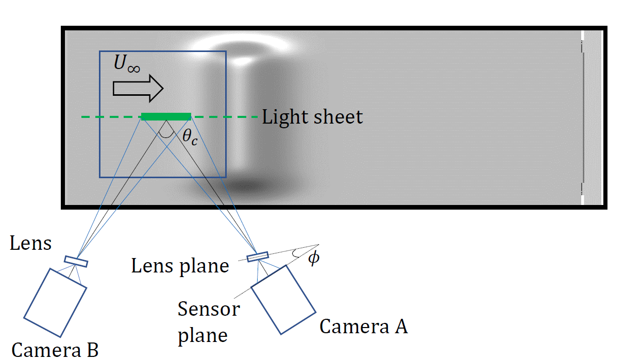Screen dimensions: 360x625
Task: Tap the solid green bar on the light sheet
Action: pyautogui.click(x=166, y=116)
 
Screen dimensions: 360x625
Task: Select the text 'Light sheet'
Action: pyautogui.click(x=312, y=117)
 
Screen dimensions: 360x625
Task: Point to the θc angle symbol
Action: pyautogui.click(x=190, y=138)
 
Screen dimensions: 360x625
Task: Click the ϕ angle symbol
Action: pyautogui.click(x=313, y=258)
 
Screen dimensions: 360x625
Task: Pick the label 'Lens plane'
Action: pyautogui.click(x=180, y=266)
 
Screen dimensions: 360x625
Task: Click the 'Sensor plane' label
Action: pyautogui.click(x=208, y=322)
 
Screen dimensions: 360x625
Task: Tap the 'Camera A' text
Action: pyautogui.click(x=364, y=326)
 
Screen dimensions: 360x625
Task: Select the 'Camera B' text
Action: pyautogui.click(x=55, y=350)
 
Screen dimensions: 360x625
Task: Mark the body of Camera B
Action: pyautogui.click(x=56, y=302)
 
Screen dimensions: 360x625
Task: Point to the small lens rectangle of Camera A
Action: pyautogui.click(x=258, y=256)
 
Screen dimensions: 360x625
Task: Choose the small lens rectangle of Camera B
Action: pyautogui.click(x=76, y=262)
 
